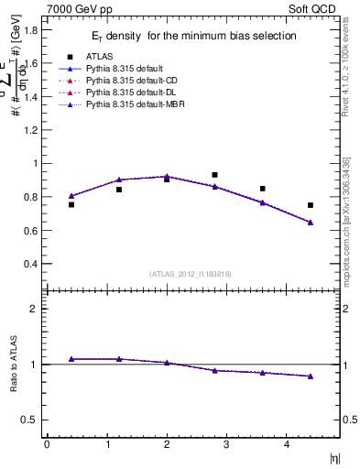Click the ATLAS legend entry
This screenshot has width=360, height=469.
pyautogui.click(x=98, y=56)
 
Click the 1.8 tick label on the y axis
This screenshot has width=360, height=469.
pyautogui.click(x=31, y=29)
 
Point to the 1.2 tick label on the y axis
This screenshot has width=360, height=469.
pyautogui.click(x=31, y=130)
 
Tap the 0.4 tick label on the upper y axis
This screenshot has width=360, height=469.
pyautogui.click(x=31, y=264)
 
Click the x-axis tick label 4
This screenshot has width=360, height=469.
pyautogui.click(x=287, y=444)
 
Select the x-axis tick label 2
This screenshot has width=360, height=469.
pyautogui.click(x=167, y=444)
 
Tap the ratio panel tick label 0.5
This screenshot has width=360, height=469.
pyautogui.click(x=31, y=420)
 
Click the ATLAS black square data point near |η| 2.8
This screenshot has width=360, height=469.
pyautogui.click(x=214, y=174)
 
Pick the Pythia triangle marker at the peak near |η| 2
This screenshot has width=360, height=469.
pyautogui.click(x=167, y=176)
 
